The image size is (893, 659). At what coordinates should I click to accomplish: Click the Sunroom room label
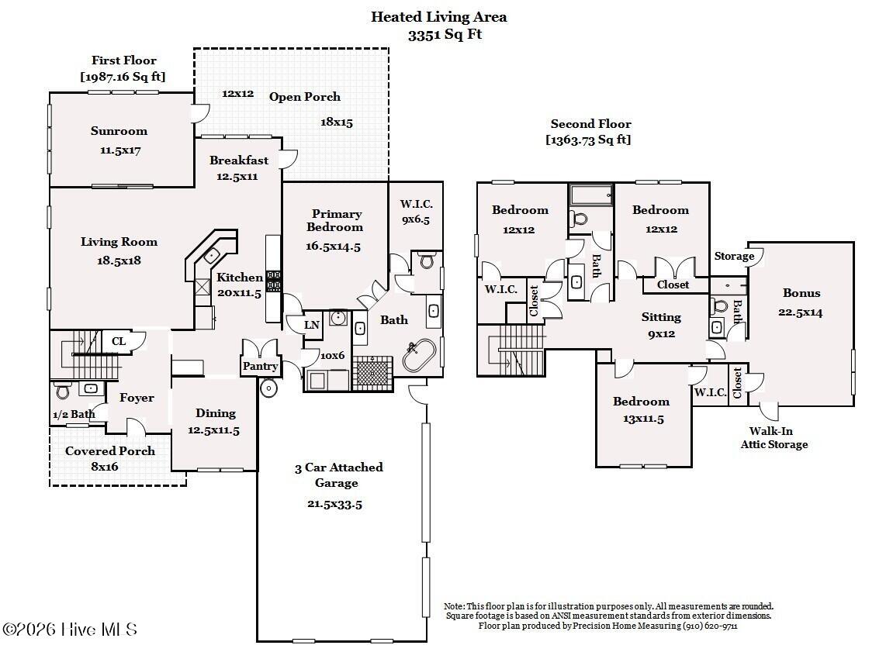coord(119,131)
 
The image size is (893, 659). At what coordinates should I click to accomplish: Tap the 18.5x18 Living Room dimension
coord(119,261)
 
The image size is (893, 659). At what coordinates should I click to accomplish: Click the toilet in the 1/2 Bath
coord(63,390)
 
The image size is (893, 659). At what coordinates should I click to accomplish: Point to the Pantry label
coord(260,366)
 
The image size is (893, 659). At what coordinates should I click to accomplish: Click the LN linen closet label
coord(311,325)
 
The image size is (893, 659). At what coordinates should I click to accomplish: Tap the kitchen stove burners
coord(273,281)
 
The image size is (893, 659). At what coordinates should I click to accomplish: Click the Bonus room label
coord(801,293)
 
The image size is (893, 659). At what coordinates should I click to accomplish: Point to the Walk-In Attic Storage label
coord(774,438)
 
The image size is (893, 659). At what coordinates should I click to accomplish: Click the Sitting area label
coord(661,316)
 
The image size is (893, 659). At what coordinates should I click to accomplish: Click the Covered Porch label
coord(109,450)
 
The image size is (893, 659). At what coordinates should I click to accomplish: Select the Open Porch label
coord(304,97)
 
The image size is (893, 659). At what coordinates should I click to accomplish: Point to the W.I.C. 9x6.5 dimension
coord(416,219)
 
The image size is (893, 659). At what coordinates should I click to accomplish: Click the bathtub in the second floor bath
coord(591,195)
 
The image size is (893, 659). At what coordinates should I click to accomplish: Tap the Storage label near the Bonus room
coord(733,256)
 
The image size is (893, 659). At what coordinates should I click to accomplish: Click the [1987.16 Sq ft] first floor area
coord(123,76)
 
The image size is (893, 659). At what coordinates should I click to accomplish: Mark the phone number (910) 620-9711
coord(709,626)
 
